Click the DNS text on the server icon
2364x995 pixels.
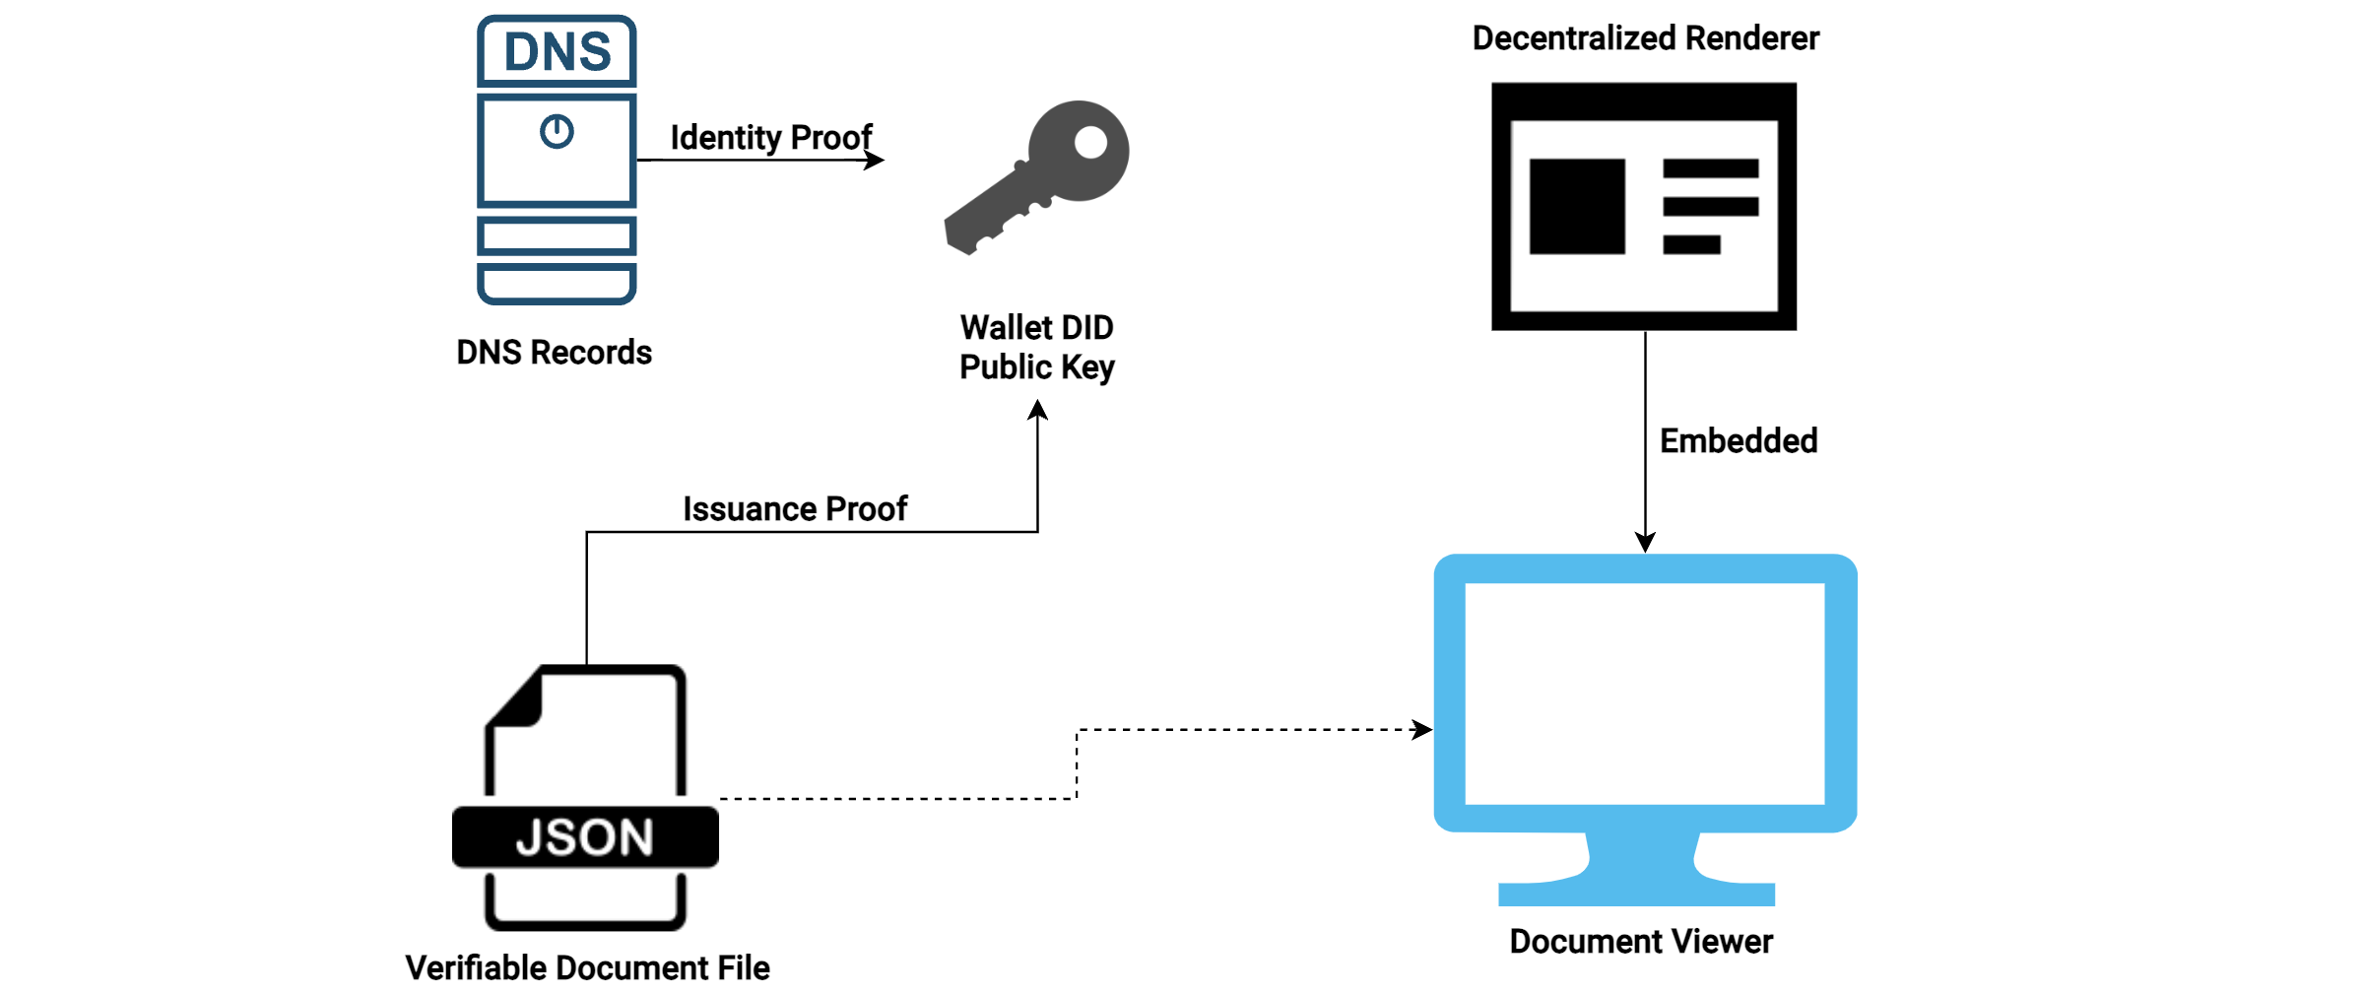[x=558, y=51]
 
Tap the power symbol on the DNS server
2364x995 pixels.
[x=557, y=131]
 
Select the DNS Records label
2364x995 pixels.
[x=554, y=352]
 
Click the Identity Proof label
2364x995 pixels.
[x=770, y=137]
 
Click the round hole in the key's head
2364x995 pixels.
[x=1090, y=142]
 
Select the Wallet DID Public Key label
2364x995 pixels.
[x=1037, y=347]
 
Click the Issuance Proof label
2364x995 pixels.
[x=795, y=508]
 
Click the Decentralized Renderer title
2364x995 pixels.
[x=1645, y=38]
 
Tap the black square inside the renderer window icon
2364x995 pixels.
[x=1577, y=206]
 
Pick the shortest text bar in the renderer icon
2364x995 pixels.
[x=1691, y=244]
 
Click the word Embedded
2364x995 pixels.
[x=1739, y=440]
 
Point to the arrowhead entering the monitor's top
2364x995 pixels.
[x=1645, y=543]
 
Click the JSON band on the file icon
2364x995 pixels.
[x=585, y=837]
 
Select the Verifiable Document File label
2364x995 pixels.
[x=587, y=967]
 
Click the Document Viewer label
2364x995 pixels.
[x=1641, y=941]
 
